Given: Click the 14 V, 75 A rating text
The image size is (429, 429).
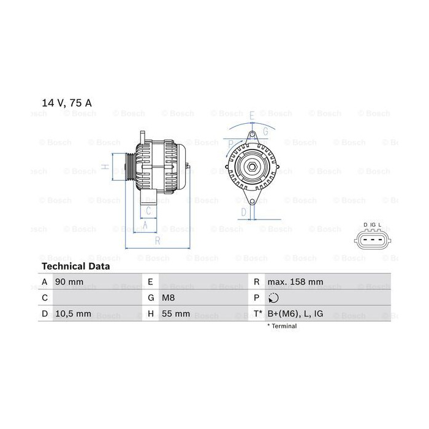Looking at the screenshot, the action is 66,103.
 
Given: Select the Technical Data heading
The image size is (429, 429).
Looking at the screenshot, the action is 76,266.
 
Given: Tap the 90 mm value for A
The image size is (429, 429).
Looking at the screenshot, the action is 69,282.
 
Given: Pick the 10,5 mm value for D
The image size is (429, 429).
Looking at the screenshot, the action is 73,314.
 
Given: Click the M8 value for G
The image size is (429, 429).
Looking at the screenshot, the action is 169,298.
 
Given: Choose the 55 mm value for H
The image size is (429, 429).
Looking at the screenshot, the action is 176,314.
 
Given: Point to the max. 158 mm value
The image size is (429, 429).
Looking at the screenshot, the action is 295,282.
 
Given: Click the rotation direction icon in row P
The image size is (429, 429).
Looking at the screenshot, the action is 273,298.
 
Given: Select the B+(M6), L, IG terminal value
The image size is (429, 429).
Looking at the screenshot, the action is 295,314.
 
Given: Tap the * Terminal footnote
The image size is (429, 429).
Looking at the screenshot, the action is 282,326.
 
